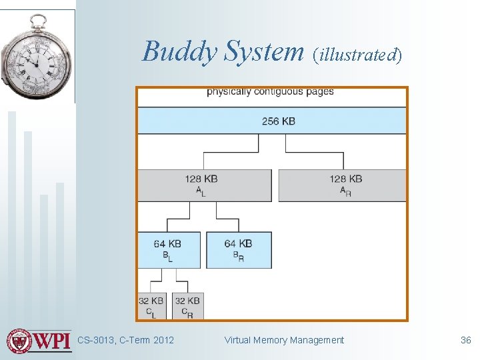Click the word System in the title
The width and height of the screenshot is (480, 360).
[x=263, y=51]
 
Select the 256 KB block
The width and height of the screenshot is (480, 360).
[x=272, y=121]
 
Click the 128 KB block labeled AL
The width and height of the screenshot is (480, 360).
[x=204, y=185]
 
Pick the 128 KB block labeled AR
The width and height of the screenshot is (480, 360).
[x=342, y=185]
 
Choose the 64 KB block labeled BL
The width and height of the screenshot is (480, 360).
[x=169, y=250]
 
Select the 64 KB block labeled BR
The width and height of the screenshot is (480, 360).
[x=239, y=250]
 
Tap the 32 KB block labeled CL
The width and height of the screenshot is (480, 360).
[x=152, y=306]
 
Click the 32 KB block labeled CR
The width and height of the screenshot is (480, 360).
[x=188, y=306]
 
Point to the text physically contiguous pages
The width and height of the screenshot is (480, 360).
[x=270, y=91]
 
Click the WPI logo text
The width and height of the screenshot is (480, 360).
[x=53, y=340]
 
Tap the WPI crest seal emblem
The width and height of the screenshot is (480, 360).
[x=19, y=341]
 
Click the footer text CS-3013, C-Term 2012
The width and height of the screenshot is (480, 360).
[x=125, y=340]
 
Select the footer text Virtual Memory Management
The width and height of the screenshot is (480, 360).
[x=284, y=340]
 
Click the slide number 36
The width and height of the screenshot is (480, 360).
[x=465, y=340]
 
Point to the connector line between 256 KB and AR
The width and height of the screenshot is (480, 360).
[x=315, y=153]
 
